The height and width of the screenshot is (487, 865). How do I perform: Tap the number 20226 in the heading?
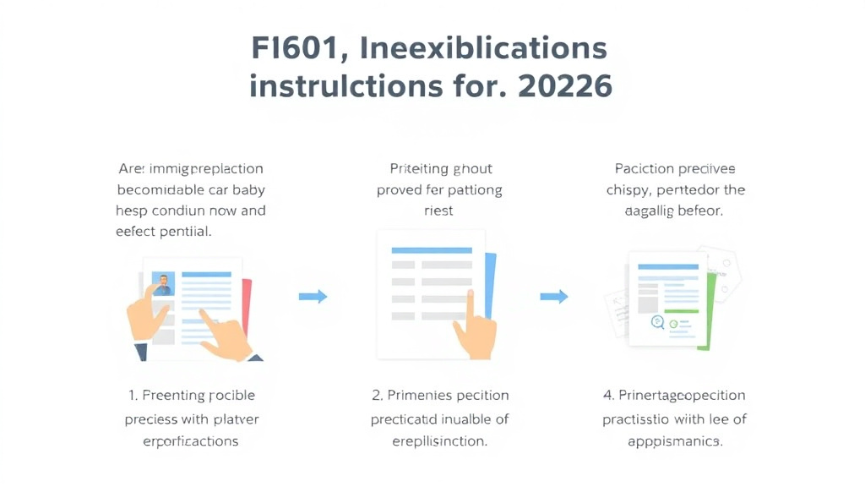569,86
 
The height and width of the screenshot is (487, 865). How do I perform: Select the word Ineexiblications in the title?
483,49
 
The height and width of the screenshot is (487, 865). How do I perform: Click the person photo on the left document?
163,284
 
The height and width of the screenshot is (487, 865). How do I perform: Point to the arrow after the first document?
313,296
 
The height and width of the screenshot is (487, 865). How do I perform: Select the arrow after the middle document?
554,296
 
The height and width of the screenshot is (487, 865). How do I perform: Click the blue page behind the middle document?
489,287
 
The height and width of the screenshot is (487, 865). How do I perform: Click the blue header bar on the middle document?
432,250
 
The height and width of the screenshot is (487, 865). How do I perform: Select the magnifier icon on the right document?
656,321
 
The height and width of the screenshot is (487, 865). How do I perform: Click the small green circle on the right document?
673,323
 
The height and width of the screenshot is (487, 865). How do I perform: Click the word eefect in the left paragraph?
136,230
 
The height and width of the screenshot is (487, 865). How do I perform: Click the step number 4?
607,395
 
